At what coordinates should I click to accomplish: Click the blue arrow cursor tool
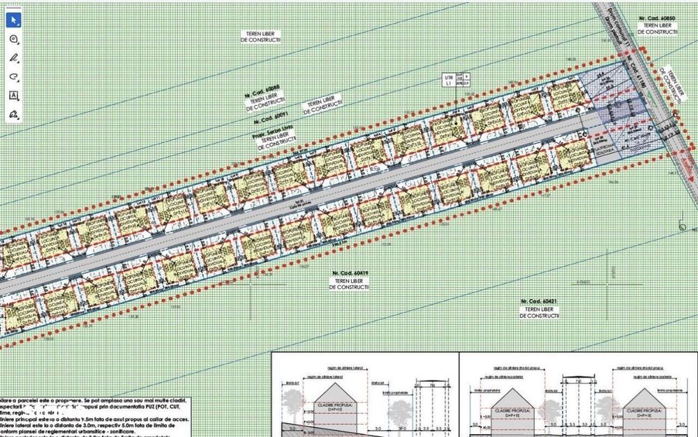click(x=13, y=20)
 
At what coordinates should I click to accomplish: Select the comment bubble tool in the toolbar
click(x=13, y=39)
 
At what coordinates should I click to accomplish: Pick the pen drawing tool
click(x=13, y=58)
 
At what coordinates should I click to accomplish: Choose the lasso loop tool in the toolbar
click(x=13, y=77)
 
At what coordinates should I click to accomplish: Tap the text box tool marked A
click(x=13, y=95)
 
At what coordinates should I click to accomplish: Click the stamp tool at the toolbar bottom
click(x=13, y=114)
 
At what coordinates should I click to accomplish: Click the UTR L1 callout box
click(x=448, y=80)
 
